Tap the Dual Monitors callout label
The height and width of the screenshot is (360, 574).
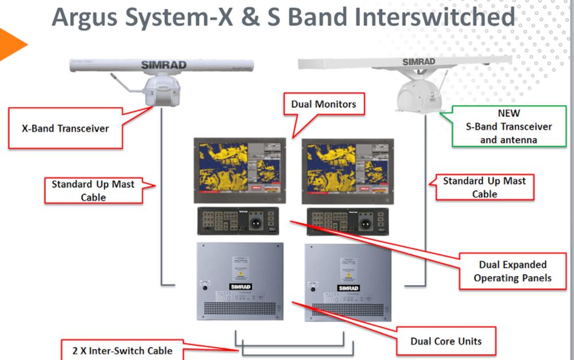[324, 104]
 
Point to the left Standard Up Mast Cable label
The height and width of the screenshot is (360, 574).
[93, 190]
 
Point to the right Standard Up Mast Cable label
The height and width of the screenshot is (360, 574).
[484, 187]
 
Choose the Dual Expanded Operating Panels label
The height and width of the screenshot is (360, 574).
[513, 272]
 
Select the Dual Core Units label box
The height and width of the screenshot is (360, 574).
[446, 341]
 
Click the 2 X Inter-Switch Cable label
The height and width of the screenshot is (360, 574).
[122, 350]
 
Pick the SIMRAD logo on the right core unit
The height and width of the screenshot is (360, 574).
[348, 288]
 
